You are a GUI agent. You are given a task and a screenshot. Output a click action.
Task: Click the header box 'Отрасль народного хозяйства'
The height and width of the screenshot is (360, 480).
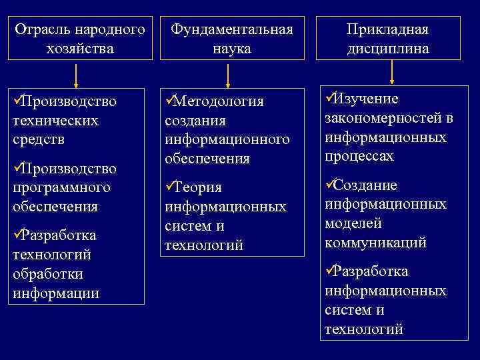pyautogui.click(x=80, y=39)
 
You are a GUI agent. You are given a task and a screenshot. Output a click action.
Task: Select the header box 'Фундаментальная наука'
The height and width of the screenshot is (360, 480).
pyautogui.click(x=232, y=39)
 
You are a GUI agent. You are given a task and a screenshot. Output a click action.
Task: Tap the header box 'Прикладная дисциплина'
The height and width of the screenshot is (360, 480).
pyautogui.click(x=387, y=39)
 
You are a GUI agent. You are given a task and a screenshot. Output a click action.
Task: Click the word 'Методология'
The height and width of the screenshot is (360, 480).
pyautogui.click(x=219, y=101)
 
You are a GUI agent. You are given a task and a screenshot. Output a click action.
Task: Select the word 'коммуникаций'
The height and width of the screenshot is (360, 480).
pyautogui.click(x=375, y=243)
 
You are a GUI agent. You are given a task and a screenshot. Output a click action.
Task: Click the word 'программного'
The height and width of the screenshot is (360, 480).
pyautogui.click(x=61, y=187)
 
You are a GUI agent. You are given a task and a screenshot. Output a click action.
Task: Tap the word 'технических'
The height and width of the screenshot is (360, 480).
pyautogui.click(x=55, y=121)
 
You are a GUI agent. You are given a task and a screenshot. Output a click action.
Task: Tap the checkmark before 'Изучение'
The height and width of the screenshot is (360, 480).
pyautogui.click(x=329, y=98)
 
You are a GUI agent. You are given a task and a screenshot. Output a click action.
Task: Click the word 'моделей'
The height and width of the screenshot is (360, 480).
pyautogui.click(x=354, y=223)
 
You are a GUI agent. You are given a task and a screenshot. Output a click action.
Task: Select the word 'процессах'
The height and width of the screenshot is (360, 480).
pyautogui.click(x=359, y=157)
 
